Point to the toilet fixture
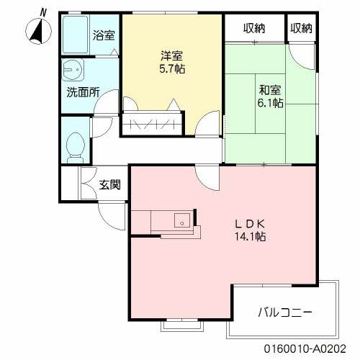[x=73, y=147]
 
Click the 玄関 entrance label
[x=109, y=184]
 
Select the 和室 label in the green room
[x=269, y=90]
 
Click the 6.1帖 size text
[x=270, y=103]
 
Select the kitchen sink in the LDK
[x=181, y=220]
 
